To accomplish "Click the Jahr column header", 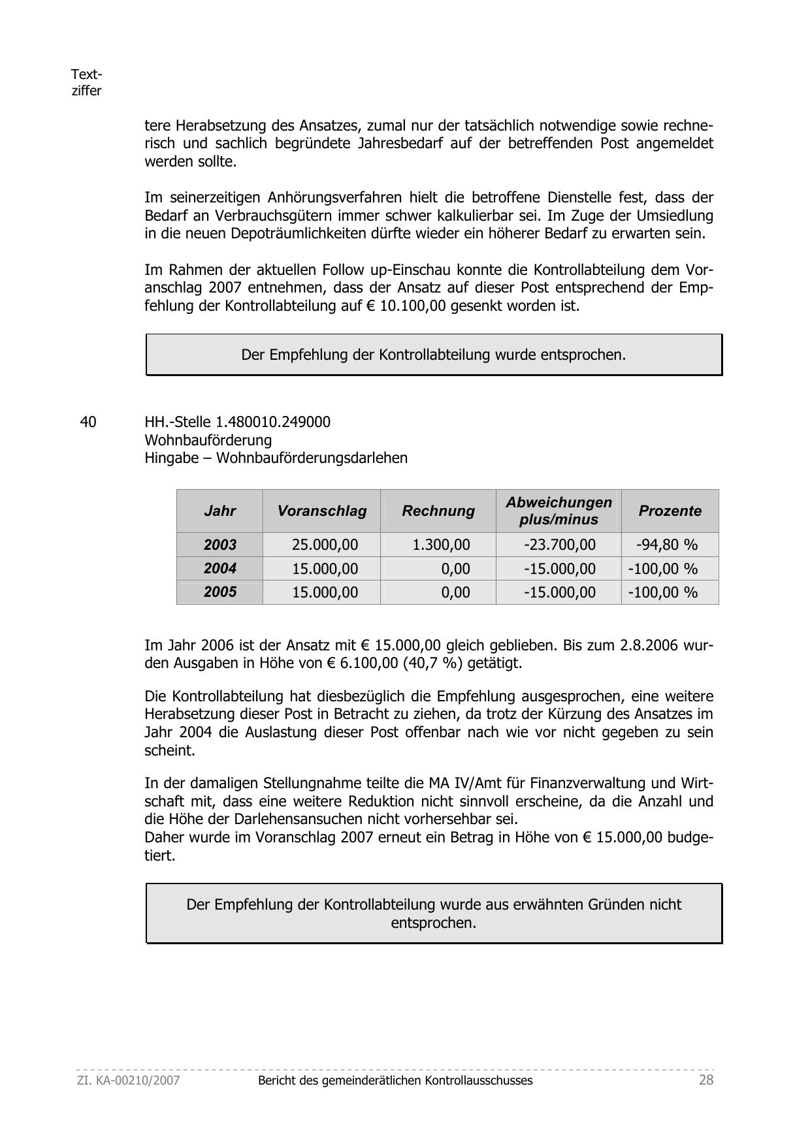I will point(219,511).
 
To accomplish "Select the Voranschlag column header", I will point(321,511).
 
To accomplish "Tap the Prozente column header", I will point(670,511).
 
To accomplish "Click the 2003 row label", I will point(219,545).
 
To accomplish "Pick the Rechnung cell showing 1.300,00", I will point(441,545).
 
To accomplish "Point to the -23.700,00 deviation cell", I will point(560,545).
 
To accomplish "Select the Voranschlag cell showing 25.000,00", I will point(325,545).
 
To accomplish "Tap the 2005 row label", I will point(219,592).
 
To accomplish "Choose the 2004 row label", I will point(219,568).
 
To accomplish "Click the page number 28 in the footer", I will point(706,1080).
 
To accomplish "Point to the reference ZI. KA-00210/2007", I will point(129,1081).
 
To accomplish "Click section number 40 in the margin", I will point(88,422).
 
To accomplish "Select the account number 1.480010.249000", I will point(273,422).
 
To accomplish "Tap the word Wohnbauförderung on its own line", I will point(208,440).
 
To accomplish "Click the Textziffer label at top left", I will point(86,82).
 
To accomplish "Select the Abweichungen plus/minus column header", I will point(559,511).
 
